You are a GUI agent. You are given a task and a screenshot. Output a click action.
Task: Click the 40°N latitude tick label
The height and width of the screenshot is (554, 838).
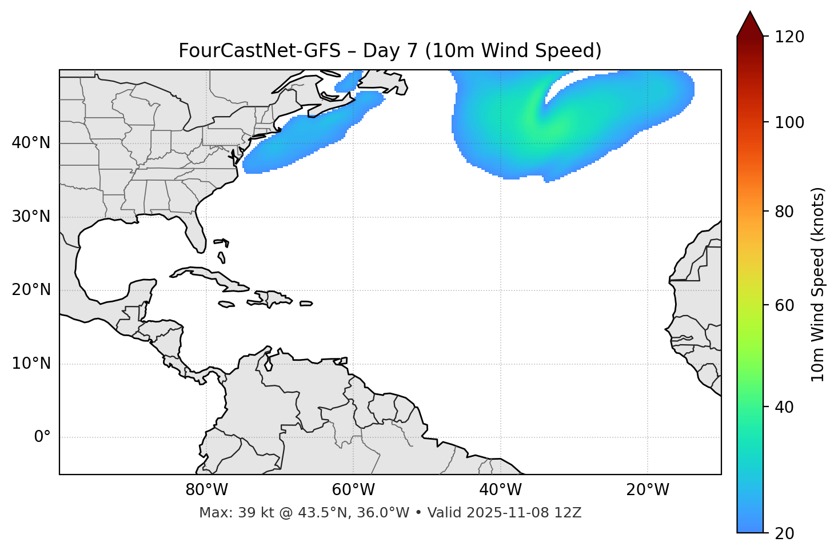point(31,143)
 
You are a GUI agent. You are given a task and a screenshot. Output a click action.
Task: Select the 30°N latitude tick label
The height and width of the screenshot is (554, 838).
point(31,217)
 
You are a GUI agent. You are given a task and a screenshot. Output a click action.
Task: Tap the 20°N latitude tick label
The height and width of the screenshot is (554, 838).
point(31,290)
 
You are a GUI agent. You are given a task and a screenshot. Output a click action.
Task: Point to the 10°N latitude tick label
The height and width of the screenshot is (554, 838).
point(31,364)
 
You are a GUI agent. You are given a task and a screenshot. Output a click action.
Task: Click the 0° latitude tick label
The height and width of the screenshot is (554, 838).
point(42,437)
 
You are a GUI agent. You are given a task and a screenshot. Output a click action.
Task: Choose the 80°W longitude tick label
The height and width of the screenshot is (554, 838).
point(206,490)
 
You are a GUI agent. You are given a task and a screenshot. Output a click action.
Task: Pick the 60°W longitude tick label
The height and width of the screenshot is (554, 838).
point(353,490)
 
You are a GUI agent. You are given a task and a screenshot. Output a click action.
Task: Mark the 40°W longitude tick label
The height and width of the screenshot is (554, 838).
point(500,490)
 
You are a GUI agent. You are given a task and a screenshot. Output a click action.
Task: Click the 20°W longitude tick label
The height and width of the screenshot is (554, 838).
point(647,490)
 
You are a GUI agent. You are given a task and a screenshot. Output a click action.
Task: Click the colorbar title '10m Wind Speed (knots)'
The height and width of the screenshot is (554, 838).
point(818,284)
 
